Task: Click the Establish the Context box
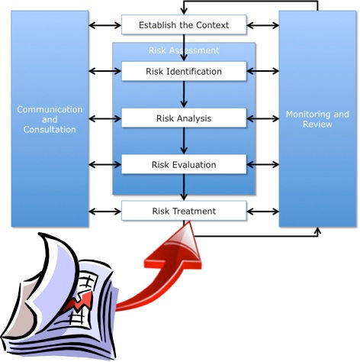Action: pos(184,25)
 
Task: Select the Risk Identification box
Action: pos(184,72)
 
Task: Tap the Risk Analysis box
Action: pos(184,118)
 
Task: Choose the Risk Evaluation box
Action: pos(184,164)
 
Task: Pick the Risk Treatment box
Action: pos(184,211)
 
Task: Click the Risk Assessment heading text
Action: pos(184,50)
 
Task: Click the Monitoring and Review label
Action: pos(317,119)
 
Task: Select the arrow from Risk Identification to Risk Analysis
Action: pos(184,95)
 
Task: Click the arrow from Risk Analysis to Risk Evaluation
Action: pos(184,141)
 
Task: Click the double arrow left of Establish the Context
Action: pos(104,26)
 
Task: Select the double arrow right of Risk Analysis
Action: pos(262,118)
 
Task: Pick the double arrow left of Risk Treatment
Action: pos(104,211)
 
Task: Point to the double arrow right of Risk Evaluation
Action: pos(262,164)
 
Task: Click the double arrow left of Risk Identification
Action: pos(104,72)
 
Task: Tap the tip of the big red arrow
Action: pos(183,226)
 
